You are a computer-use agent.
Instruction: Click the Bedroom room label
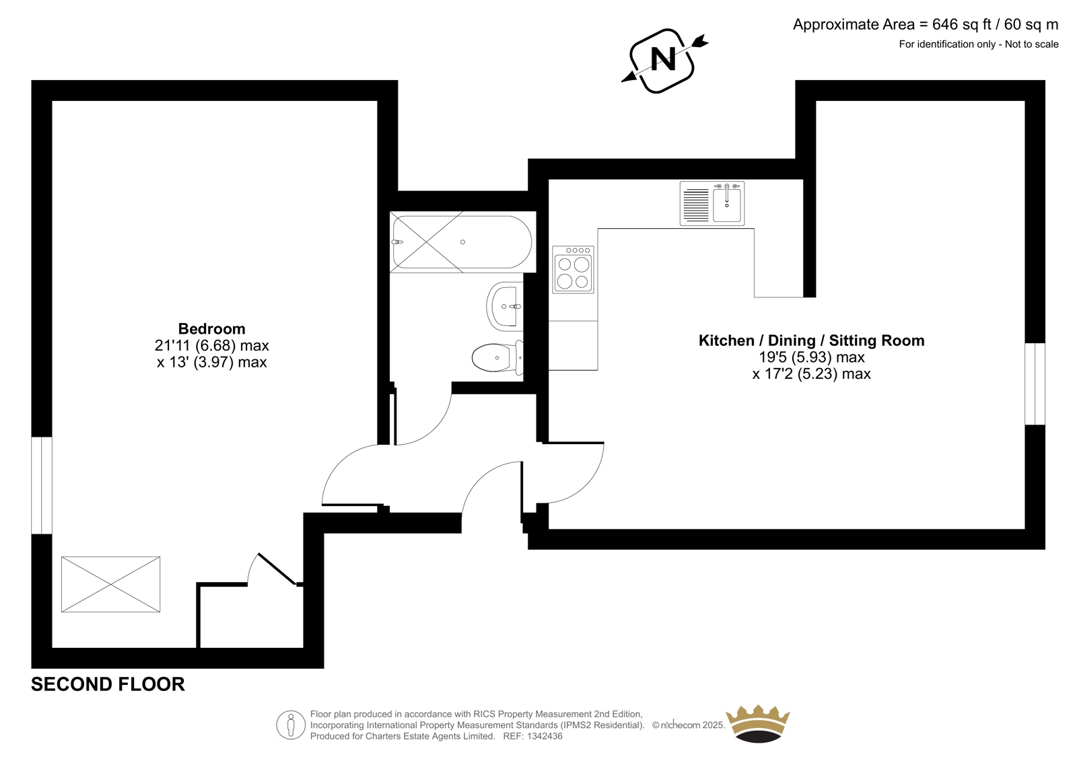211,329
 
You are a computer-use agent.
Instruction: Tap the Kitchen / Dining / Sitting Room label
811,341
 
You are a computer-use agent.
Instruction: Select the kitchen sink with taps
712,203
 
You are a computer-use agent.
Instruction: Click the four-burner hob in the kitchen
573,270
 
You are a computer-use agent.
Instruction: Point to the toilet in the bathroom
497,358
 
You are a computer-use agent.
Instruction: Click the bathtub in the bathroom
462,242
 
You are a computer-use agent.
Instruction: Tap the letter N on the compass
663,60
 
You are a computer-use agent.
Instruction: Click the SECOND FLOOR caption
108,684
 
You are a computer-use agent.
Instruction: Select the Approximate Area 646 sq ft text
926,24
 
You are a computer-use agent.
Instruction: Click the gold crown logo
758,724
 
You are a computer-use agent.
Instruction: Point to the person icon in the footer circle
290,725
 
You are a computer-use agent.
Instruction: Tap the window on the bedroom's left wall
42,485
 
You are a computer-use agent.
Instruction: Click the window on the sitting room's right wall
1035,384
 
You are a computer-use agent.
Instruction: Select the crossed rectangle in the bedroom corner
110,585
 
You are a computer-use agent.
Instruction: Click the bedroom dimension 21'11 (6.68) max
211,346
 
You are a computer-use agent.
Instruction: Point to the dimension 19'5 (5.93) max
812,358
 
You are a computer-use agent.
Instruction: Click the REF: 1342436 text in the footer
532,736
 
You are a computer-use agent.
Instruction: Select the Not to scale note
1031,44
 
